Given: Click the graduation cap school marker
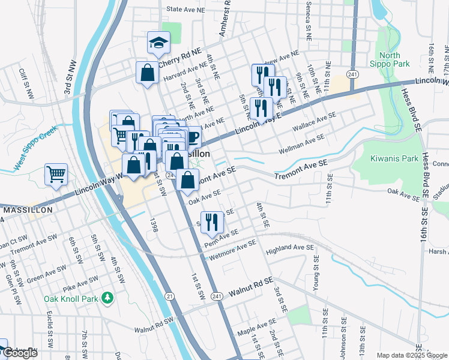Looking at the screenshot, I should (158, 43).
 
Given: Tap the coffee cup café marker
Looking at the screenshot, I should (191, 137).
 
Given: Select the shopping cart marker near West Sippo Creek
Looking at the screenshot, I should (56, 175).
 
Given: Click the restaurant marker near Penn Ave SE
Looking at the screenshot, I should (212, 222).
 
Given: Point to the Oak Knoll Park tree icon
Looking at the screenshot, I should (107, 297).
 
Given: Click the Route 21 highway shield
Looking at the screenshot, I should (169, 296).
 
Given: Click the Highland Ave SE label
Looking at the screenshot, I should (290, 247).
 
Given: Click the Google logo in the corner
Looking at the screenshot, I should (20, 353).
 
